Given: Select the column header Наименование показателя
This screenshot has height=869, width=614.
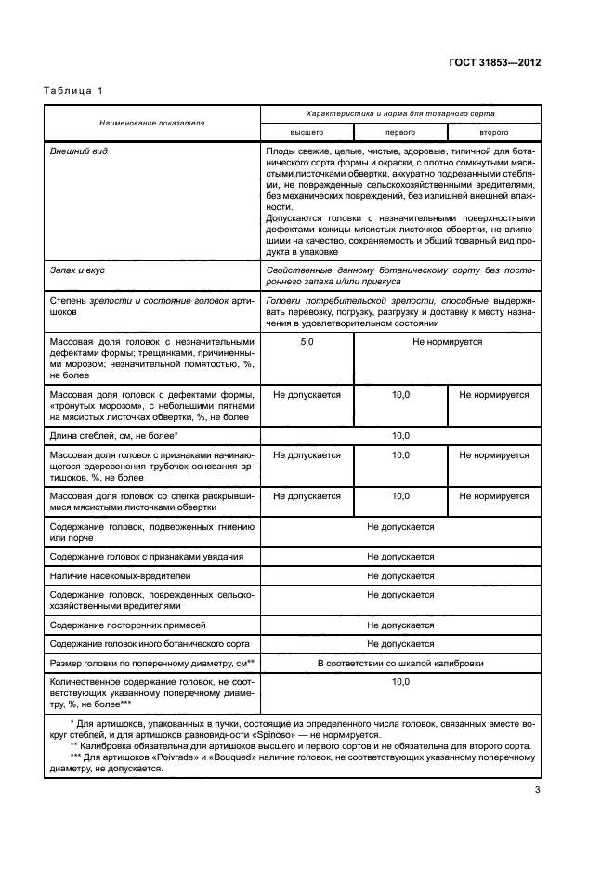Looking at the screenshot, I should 154,123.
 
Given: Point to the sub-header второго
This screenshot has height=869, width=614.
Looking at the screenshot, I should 493,133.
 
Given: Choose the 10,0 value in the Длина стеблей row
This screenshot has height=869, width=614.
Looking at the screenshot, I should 400,435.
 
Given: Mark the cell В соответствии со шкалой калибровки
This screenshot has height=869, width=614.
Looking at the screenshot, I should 400,663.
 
